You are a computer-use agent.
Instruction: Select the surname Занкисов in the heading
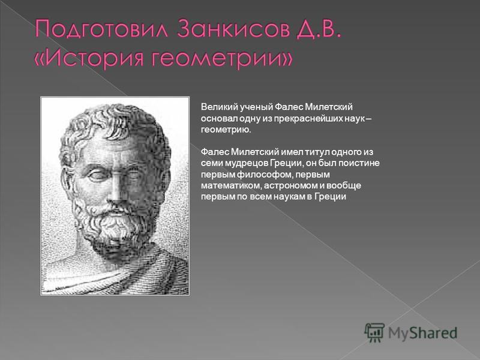(233, 28)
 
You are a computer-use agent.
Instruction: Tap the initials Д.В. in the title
(318, 29)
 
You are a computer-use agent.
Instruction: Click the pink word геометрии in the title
(217, 58)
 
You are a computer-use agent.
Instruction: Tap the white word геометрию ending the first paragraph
(226, 130)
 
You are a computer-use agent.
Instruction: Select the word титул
(317, 152)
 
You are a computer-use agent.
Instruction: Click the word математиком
(232, 185)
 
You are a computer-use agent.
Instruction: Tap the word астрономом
(291, 185)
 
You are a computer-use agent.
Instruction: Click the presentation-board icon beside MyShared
(374, 332)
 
